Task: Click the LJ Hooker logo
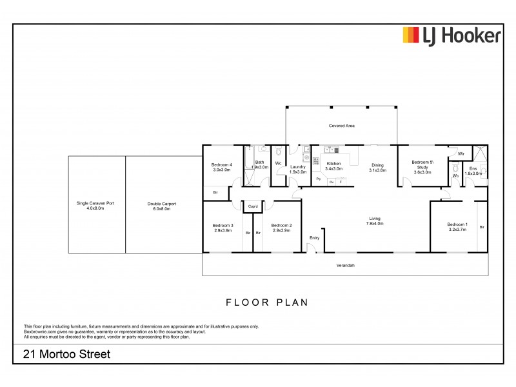[x=451, y=35]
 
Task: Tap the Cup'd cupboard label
[x=253, y=206]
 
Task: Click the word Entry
[x=314, y=239]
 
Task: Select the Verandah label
[x=346, y=266]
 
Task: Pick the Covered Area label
[x=342, y=126]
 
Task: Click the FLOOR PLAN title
[x=266, y=301]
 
